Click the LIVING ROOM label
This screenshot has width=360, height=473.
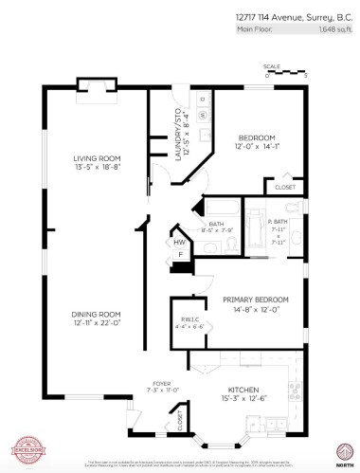click(98, 157)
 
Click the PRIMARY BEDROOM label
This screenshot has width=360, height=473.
click(255, 299)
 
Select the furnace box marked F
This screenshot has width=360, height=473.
click(179, 255)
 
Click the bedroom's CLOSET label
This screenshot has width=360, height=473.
click(284, 188)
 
